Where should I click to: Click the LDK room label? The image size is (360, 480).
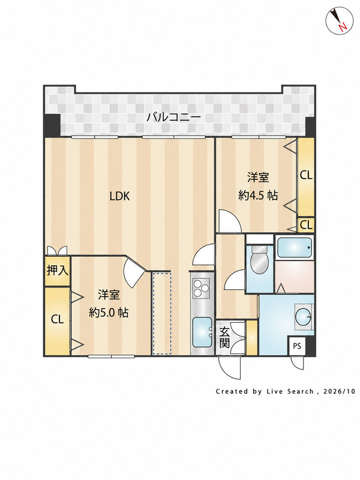[120, 196]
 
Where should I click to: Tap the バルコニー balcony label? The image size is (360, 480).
[173, 117]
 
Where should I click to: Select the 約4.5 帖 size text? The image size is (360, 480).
[258, 195]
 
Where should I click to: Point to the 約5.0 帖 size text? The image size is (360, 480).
[109, 313]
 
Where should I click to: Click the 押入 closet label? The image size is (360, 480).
[57, 271]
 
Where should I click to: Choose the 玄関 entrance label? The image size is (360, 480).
[224, 338]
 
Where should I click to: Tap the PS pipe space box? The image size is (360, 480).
[297, 346]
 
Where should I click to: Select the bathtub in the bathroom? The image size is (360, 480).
[295, 247]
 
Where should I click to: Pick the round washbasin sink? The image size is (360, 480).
[303, 317]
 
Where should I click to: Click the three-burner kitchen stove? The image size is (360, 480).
[200, 288]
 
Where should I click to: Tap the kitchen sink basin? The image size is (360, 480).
[202, 332]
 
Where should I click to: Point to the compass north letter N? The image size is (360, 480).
[343, 27]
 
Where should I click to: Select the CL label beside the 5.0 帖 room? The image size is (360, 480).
[57, 320]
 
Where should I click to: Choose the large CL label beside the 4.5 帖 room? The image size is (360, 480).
[306, 176]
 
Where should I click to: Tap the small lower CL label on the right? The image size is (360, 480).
[306, 225]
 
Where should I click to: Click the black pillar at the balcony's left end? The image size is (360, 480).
[52, 125]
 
